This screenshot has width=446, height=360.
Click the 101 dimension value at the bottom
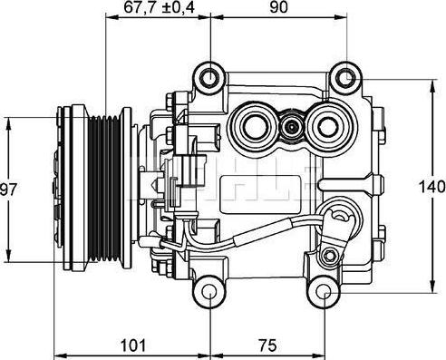(x=133, y=345)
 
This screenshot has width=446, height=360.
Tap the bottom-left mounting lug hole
(x=210, y=292)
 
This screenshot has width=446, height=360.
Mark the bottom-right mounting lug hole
(x=324, y=292)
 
